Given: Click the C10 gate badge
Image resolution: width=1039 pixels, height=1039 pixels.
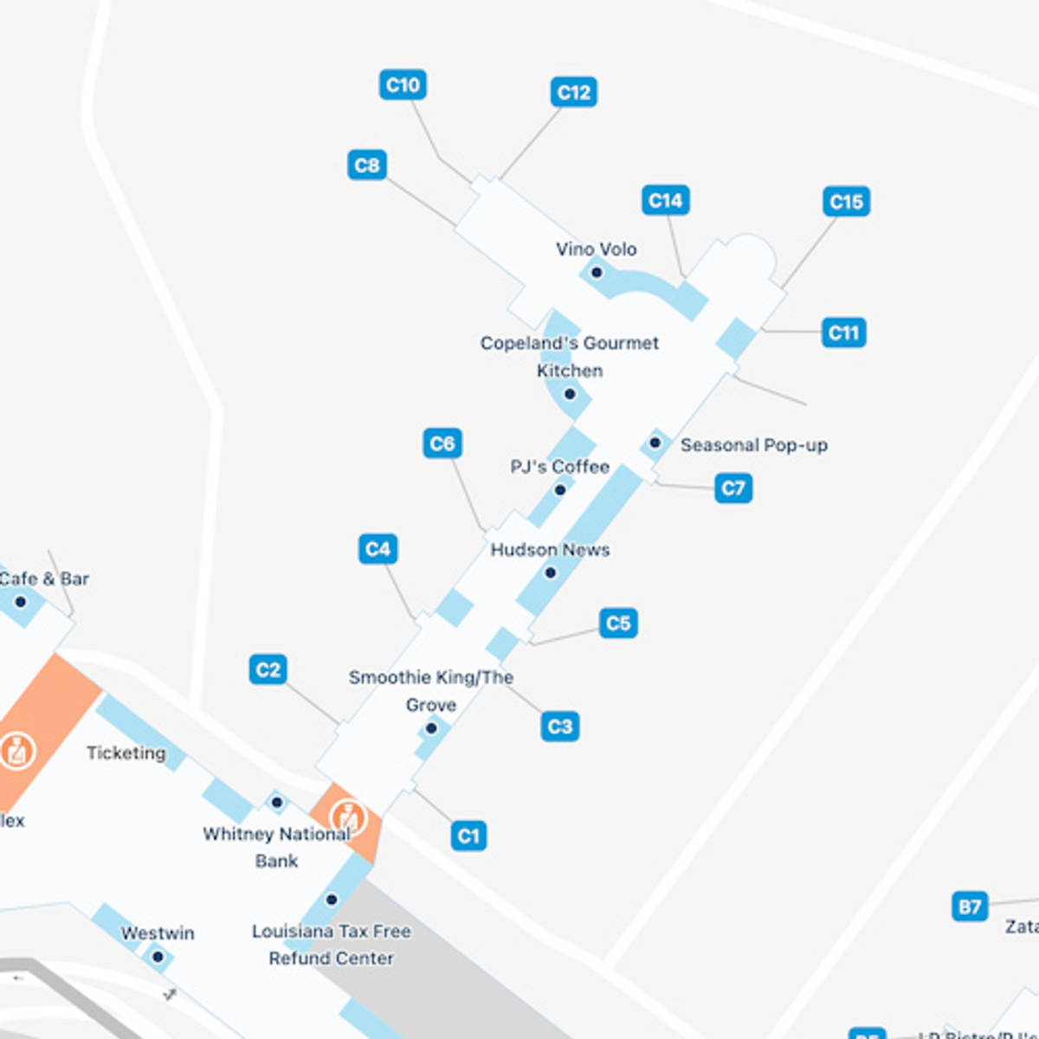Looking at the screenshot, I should tap(403, 85).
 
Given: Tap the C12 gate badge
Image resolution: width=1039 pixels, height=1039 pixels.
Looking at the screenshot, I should tap(573, 92).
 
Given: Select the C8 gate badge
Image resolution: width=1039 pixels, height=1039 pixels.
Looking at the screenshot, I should tap(367, 165).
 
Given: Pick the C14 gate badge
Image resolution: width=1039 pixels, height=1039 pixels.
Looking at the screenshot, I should tap(665, 201).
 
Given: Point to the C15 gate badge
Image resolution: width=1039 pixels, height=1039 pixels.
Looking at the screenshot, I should tap(846, 202).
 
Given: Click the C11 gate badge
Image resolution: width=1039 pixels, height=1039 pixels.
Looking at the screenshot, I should tap(843, 332).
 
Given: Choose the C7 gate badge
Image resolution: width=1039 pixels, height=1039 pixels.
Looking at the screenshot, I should tap(733, 488).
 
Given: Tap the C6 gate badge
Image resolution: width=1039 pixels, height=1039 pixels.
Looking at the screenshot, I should tap(442, 444).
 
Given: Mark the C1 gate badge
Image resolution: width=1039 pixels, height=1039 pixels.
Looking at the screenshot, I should tap(468, 836).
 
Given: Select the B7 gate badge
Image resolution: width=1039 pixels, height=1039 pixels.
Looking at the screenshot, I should tap(970, 907).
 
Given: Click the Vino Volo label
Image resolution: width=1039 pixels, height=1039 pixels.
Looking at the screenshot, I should tap(597, 249).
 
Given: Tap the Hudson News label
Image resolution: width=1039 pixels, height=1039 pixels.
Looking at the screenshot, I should tap(550, 550).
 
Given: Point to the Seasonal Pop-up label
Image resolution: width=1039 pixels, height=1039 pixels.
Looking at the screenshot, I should tap(753, 445).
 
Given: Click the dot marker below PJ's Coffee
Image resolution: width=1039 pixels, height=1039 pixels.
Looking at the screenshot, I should tap(560, 490).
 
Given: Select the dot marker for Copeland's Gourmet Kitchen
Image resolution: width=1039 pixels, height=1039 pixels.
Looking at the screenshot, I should tap(570, 394).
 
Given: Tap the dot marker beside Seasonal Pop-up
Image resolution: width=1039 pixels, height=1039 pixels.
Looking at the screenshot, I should tap(655, 443).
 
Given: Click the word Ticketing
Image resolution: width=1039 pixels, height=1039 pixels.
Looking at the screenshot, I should tap(126, 752).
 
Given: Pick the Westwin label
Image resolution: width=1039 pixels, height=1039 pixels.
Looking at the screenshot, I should tap(158, 933).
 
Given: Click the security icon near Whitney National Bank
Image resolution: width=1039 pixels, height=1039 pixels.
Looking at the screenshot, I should tap(348, 816).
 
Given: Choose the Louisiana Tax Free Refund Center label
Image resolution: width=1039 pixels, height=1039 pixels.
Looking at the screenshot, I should tap(332, 945).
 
